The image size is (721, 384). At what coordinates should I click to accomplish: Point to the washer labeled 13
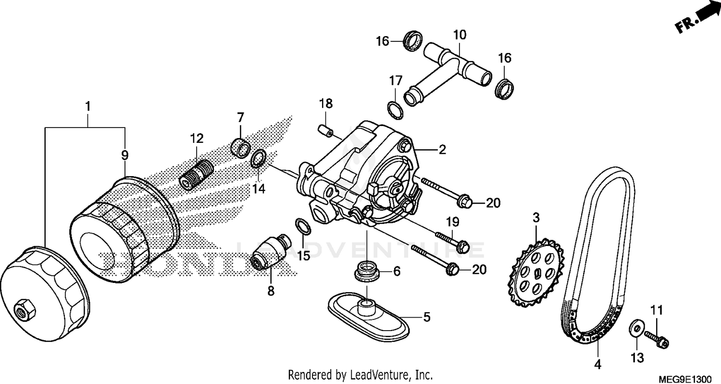coord(635,329)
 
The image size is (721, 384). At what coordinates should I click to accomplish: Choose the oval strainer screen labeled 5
coord(368,315)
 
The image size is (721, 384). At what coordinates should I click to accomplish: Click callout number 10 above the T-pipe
coord(459,35)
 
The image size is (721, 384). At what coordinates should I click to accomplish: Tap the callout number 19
coord(452,222)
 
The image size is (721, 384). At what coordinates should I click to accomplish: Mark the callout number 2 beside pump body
coord(442,150)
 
